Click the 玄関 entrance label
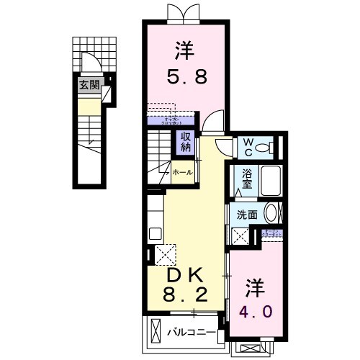[89, 85]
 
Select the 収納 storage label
[186, 142]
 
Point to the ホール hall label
[183, 173]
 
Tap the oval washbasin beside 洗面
[271, 213]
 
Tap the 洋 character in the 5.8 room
[184, 50]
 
